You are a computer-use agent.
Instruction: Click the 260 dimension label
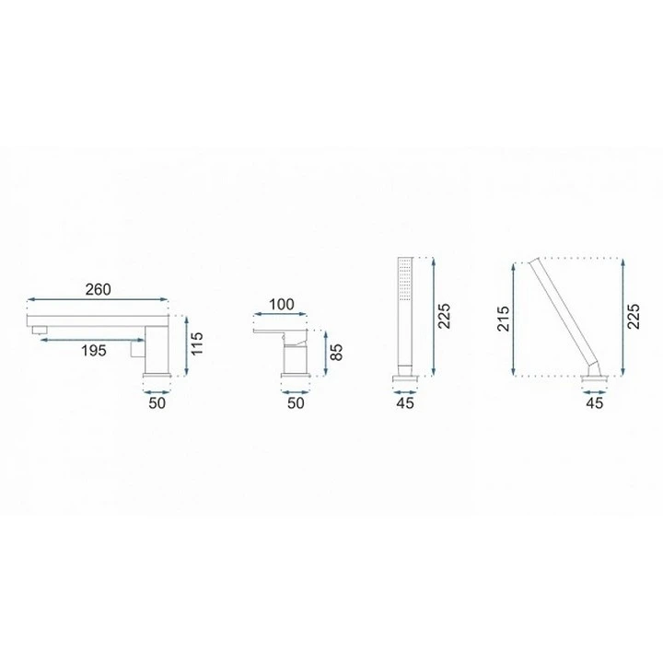99,290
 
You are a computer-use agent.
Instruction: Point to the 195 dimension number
93,351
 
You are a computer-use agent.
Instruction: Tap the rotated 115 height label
197,343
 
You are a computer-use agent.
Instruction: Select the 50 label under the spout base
157,403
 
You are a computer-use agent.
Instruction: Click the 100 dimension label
281,304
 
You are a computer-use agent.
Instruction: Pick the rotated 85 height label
336,352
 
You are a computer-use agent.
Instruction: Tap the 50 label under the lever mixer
296,403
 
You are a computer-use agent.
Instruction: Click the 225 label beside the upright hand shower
445,316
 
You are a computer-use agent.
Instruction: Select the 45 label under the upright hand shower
404,403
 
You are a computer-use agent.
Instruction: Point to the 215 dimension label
503,319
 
